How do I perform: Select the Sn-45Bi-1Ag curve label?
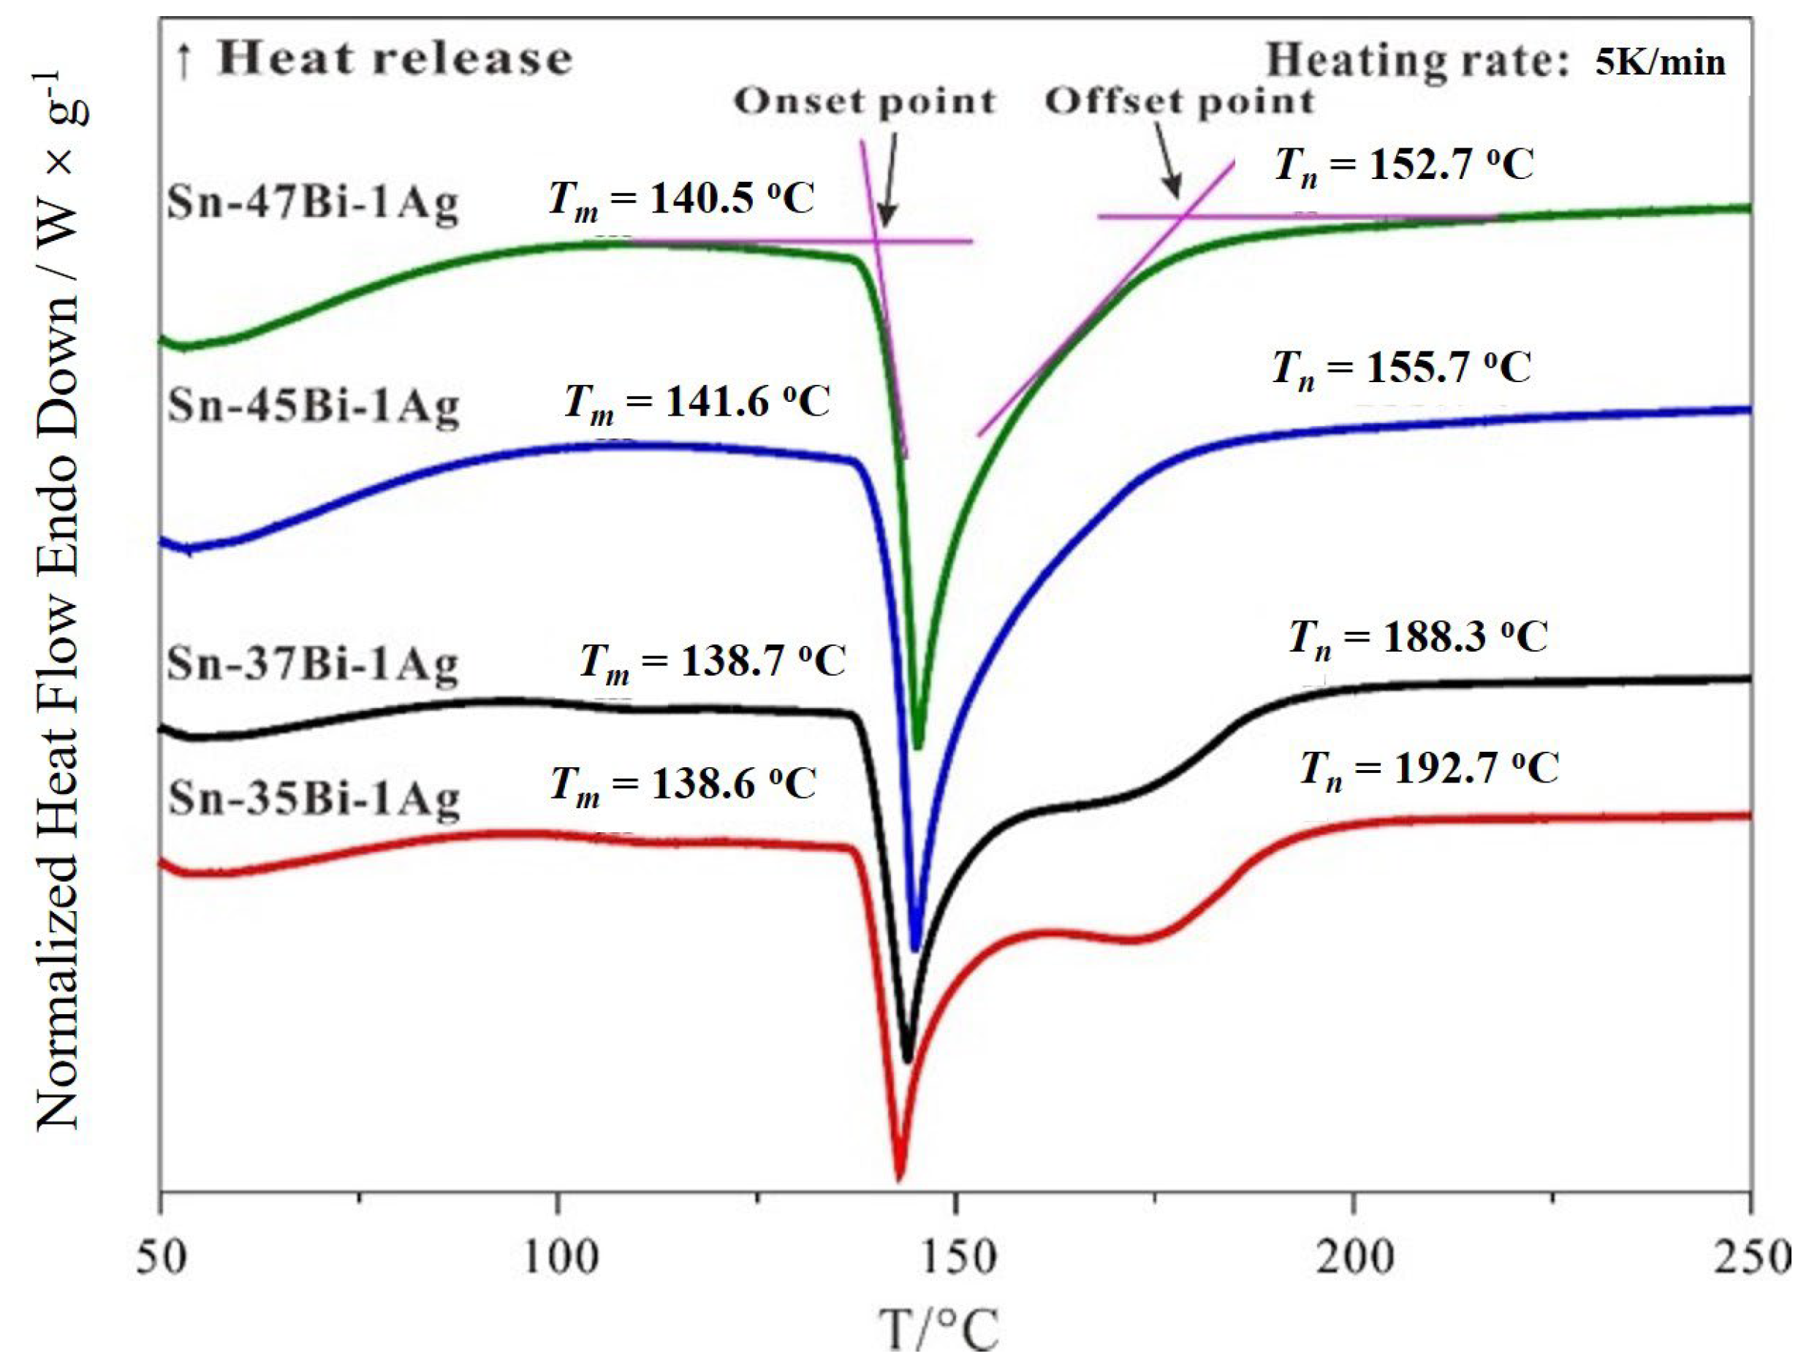pyautogui.click(x=314, y=405)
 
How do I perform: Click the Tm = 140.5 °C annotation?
pyautogui.click(x=681, y=199)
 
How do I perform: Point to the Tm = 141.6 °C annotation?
pyautogui.click(x=697, y=403)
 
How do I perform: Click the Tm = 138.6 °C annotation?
pyautogui.click(x=683, y=785)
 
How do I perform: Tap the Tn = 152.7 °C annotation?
pyautogui.click(x=1403, y=166)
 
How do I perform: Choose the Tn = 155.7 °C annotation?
pyautogui.click(x=1401, y=368)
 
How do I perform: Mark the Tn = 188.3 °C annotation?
pyautogui.click(x=1418, y=638)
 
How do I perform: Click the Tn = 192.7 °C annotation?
pyautogui.click(x=1430, y=769)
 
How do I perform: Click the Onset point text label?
pyautogui.click(x=865, y=102)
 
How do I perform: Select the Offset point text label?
pyautogui.click(x=1179, y=102)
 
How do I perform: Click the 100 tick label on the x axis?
pyautogui.click(x=559, y=1257)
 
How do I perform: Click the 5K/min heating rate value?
pyautogui.click(x=1660, y=63)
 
